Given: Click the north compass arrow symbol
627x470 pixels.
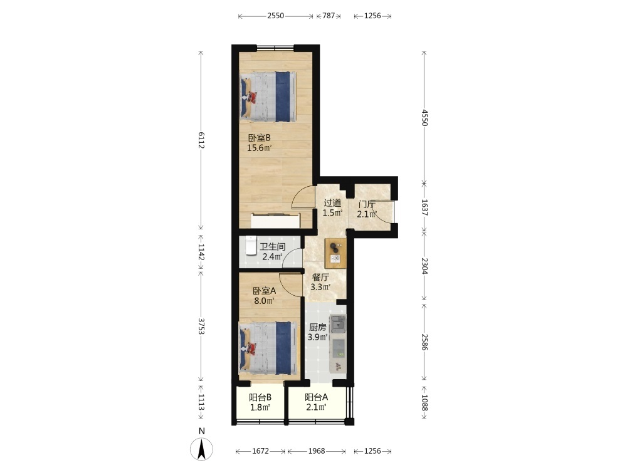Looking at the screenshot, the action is point(201,449).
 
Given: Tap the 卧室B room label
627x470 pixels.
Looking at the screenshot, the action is point(260,138).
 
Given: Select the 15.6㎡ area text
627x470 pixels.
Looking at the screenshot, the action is point(259,148).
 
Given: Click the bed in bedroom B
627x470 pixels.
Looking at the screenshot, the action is point(268,97).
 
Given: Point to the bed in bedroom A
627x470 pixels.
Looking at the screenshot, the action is point(268,348).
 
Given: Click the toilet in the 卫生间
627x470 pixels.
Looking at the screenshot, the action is point(251,245).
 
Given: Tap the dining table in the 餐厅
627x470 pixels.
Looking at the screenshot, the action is point(335,253).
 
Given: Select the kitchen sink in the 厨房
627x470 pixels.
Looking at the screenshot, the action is point(339,323).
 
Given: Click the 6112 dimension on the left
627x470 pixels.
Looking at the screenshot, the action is point(201,140).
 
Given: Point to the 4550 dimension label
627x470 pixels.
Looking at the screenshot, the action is point(424,118).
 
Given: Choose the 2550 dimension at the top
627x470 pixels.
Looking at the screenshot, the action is point(275,16).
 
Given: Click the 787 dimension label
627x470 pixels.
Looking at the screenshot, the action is point(329,16).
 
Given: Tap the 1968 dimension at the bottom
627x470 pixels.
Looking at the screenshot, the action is point(316,451).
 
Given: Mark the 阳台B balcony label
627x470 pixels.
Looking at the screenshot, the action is point(260,397).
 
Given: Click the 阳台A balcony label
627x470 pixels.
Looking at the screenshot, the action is point(316,397).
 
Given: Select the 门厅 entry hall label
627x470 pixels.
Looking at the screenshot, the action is point(367,204).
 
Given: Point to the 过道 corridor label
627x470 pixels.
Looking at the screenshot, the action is point(332,202).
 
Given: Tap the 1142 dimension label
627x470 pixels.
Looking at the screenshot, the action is point(201,252).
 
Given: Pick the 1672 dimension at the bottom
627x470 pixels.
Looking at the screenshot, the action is point(260,451).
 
